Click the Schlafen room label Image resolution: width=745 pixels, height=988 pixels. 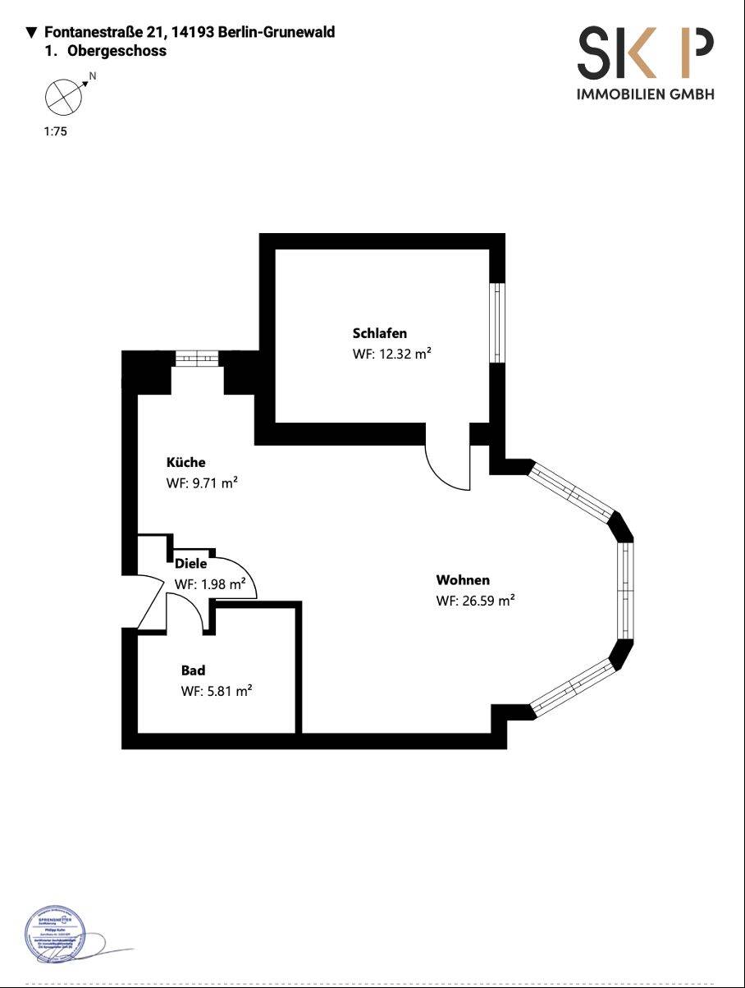(x=380, y=333)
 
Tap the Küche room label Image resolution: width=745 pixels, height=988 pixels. (x=185, y=462)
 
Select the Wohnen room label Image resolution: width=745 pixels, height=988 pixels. (x=463, y=580)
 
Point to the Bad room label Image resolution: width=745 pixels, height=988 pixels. (x=193, y=670)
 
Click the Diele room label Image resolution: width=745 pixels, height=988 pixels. (x=190, y=564)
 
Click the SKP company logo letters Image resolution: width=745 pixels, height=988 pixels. (x=645, y=53)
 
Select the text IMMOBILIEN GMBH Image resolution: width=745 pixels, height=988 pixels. (x=645, y=94)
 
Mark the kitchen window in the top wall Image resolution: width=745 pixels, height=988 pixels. (x=197, y=357)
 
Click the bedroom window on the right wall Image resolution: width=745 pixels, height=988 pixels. (x=496, y=322)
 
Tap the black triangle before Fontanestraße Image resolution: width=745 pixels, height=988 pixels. (x=32, y=33)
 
